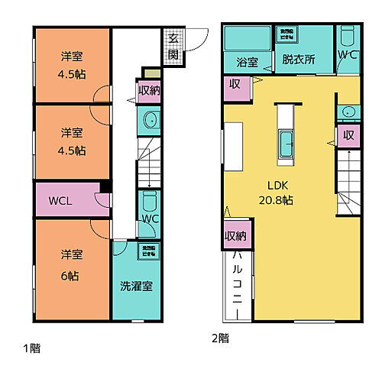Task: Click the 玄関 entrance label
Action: tap(173, 47)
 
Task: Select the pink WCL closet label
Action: tap(60, 201)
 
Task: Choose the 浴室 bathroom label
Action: tap(246, 62)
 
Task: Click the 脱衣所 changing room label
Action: tap(298, 60)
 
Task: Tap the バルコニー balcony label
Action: tap(238, 283)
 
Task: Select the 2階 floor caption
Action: tap(221, 337)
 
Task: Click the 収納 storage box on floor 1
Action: tap(148, 91)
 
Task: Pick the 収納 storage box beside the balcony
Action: tap(235, 235)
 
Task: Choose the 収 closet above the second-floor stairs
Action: tap(348, 135)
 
